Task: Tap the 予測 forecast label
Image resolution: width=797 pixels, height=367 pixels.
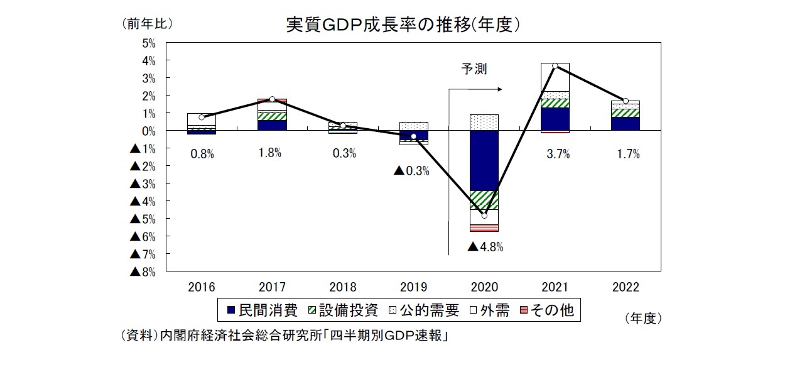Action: (474, 68)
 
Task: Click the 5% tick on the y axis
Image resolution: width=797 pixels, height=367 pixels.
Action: (148, 43)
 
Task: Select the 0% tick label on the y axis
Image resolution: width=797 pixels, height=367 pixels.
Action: (148, 131)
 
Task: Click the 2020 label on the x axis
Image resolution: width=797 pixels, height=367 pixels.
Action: (484, 287)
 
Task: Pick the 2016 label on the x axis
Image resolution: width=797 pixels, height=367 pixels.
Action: (202, 287)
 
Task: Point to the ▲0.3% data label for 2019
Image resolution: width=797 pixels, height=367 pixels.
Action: (411, 171)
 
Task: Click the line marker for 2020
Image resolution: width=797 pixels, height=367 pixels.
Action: (484, 216)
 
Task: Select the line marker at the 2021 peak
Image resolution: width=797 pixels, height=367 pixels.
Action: (555, 66)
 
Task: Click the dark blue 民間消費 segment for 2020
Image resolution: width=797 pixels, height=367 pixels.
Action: (484, 160)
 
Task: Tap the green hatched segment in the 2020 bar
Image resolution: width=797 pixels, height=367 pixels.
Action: (484, 200)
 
